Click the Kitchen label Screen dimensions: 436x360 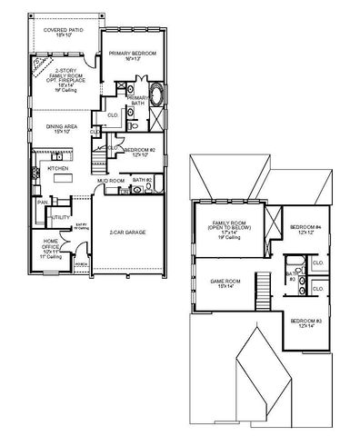coord(58,169)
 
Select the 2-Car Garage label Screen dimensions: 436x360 coord(132,233)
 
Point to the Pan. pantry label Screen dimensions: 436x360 coord(41,203)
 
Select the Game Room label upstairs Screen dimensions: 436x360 coord(223,283)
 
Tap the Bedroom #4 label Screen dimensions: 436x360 coord(302,227)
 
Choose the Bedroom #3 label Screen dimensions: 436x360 coord(304,322)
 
